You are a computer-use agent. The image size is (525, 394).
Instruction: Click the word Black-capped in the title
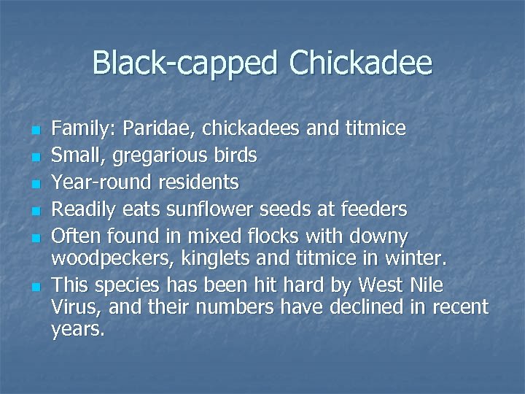click(x=185, y=63)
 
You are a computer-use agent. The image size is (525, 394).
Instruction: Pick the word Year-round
click(x=90, y=182)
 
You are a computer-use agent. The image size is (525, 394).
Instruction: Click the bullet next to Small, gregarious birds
click(x=34, y=156)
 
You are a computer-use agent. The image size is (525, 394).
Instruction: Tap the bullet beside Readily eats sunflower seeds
click(x=34, y=211)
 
